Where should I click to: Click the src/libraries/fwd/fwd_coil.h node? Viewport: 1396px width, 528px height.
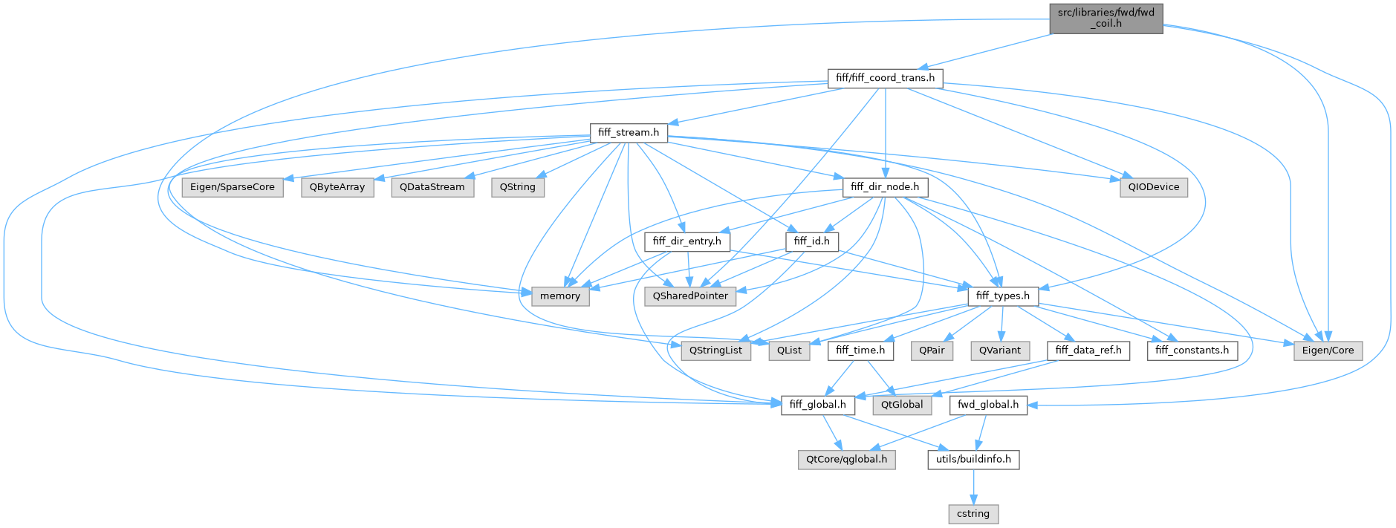click(x=1106, y=19)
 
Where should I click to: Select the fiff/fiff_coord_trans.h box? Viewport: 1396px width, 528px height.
click(x=885, y=78)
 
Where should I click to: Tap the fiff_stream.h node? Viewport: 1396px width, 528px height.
click(x=628, y=133)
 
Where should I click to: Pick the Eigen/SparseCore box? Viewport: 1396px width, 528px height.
click(x=233, y=187)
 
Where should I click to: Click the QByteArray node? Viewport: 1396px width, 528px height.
click(x=337, y=187)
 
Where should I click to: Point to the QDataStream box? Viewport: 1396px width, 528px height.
click(x=432, y=187)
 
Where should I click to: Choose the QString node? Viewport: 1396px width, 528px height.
click(x=517, y=187)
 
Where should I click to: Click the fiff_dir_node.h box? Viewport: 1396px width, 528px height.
click(x=885, y=187)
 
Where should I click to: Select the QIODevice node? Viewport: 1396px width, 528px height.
click(x=1153, y=187)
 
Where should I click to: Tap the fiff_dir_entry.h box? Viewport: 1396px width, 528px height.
click(x=686, y=241)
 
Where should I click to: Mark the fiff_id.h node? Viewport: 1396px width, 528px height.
click(x=811, y=241)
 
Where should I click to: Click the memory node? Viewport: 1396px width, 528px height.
click(x=560, y=296)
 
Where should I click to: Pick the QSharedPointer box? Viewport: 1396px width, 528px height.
click(x=690, y=296)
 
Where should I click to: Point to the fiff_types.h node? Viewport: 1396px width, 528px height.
click(x=1002, y=296)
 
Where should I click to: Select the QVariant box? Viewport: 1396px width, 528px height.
click(x=999, y=351)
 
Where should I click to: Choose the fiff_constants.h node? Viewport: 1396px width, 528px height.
click(x=1192, y=351)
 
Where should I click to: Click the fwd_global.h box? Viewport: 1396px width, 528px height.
click(x=988, y=405)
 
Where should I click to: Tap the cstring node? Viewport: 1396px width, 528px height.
click(x=973, y=514)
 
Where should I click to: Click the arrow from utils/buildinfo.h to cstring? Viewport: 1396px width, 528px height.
click(x=973, y=486)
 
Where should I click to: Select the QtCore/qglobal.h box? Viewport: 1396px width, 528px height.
click(x=846, y=460)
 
